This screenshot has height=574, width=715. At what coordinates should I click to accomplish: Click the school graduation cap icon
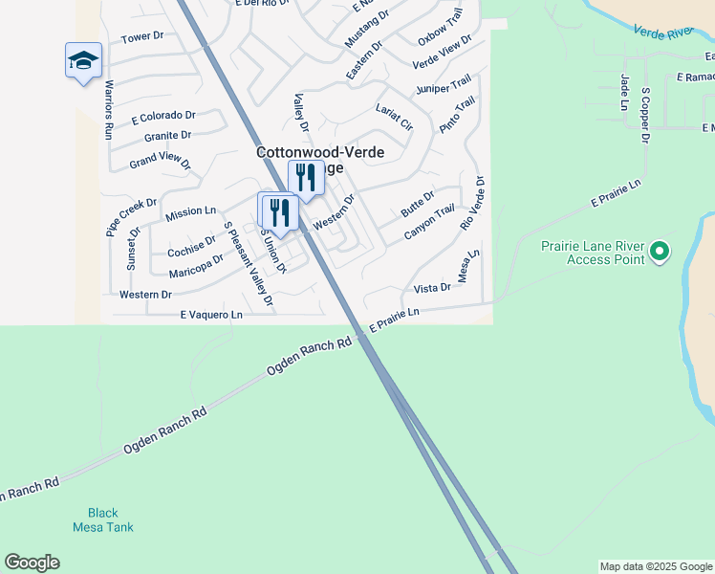(x=83, y=60)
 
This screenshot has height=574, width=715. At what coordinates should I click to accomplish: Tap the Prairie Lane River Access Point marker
(x=659, y=253)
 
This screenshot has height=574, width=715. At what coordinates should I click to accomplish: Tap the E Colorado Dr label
(x=163, y=118)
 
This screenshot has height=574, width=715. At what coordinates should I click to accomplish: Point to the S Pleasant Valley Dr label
(x=248, y=263)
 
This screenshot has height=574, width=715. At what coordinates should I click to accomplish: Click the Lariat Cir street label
(x=394, y=117)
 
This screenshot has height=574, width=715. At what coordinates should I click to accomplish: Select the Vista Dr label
(x=432, y=287)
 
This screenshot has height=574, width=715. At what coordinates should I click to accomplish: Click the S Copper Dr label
(x=646, y=115)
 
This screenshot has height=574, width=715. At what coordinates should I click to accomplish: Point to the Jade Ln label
(x=624, y=92)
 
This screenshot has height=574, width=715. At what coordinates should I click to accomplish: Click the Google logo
(x=32, y=563)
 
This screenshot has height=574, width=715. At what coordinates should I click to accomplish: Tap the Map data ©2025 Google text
(x=656, y=566)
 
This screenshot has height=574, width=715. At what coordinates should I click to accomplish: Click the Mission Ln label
(x=191, y=211)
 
